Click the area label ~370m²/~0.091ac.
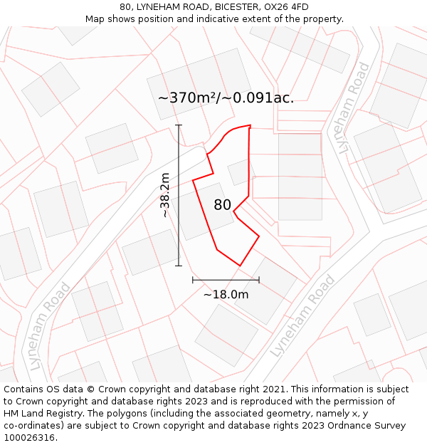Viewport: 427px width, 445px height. pyautogui.click(x=226, y=98)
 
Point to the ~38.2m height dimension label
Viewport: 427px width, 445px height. pyautogui.click(x=164, y=195)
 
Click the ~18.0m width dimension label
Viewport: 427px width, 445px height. pyautogui.click(x=226, y=294)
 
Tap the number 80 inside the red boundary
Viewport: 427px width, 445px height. pyautogui.click(x=222, y=205)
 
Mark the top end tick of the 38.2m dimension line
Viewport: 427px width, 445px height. pyautogui.click(x=179, y=125)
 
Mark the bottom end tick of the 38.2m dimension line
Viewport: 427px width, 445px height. pyautogui.click(x=179, y=266)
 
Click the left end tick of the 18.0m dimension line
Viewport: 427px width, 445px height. pyautogui.click(x=193, y=280)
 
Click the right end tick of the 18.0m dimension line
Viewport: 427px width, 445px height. pyautogui.click(x=259, y=280)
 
